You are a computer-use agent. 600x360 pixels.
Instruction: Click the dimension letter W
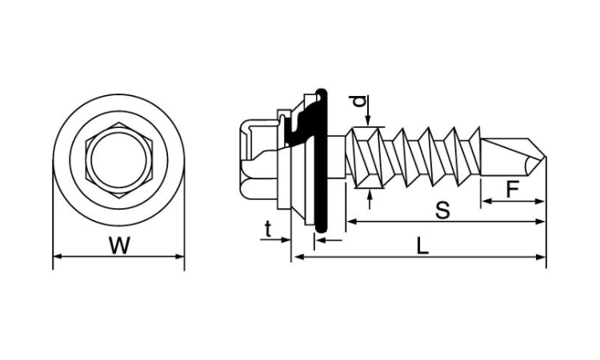tap(120, 246)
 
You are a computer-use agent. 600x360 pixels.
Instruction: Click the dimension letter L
tap(422, 246)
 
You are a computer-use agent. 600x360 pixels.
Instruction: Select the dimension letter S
tap(442, 210)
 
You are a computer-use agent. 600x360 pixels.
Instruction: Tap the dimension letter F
tap(512, 190)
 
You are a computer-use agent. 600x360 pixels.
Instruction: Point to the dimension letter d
tap(359, 102)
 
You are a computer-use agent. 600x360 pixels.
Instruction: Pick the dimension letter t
tap(268, 229)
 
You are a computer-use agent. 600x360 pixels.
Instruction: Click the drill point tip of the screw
tap(545, 157)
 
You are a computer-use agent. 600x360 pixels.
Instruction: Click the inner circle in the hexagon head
tap(118, 159)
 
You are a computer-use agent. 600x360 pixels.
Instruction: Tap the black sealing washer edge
tap(322, 161)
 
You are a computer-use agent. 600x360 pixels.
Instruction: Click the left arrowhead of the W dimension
tap(58, 256)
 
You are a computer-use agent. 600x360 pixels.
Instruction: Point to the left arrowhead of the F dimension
tap(486, 202)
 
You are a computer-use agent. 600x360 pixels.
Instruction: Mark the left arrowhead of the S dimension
tap(351, 222)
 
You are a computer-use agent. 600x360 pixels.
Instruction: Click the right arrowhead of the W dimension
tap(180, 256)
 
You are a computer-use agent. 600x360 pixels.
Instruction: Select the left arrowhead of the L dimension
tap(298, 257)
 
